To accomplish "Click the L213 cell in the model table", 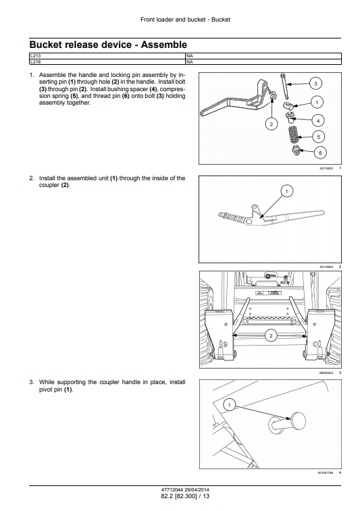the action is tap(107, 56).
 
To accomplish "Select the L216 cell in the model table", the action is tap(107, 61).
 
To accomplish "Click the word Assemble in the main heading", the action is tap(163, 45).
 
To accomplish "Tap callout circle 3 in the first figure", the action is tap(315, 84).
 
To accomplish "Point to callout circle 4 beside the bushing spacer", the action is tap(318, 121).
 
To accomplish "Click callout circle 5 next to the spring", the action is tap(319, 137).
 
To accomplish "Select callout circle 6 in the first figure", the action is tap(320, 153).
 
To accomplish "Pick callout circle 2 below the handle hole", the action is tap(272, 124).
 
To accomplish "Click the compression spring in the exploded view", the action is tap(294, 135).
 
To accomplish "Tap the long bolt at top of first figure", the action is tap(284, 86).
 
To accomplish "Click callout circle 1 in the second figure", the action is tap(286, 191).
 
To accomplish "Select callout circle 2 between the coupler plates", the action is tap(271, 335).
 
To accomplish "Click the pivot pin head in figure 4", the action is tap(299, 421).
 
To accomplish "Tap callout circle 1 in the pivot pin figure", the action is tap(229, 405).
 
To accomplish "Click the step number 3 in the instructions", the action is tap(31, 382).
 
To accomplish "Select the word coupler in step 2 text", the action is tap(47, 185).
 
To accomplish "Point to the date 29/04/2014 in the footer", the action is tap(197, 489).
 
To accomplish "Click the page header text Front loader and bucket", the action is tap(173, 20).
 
